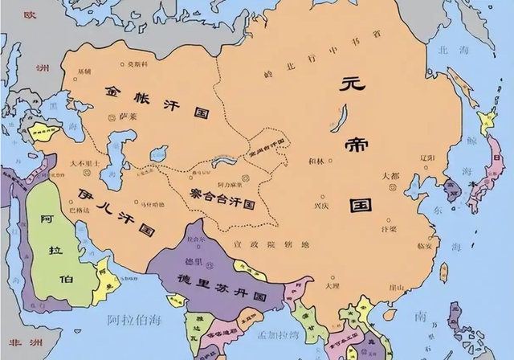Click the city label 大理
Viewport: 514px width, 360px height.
(x=332, y=284)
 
